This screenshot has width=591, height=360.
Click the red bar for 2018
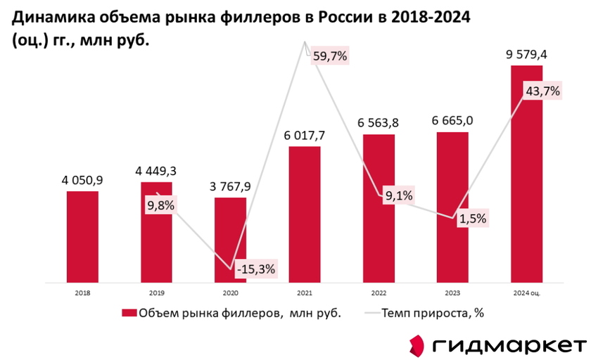point(82,236)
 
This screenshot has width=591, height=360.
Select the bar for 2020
point(230,239)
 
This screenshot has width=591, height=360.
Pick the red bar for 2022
point(379,207)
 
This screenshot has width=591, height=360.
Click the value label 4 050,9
point(82,180)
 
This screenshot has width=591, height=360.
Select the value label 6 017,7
point(305,135)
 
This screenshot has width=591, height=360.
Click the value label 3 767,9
point(230,186)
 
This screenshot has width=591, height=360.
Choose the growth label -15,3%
point(255,269)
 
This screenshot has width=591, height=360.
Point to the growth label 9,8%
point(160,205)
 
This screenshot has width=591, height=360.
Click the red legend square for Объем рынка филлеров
point(129,314)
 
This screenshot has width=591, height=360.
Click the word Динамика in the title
point(50,16)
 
